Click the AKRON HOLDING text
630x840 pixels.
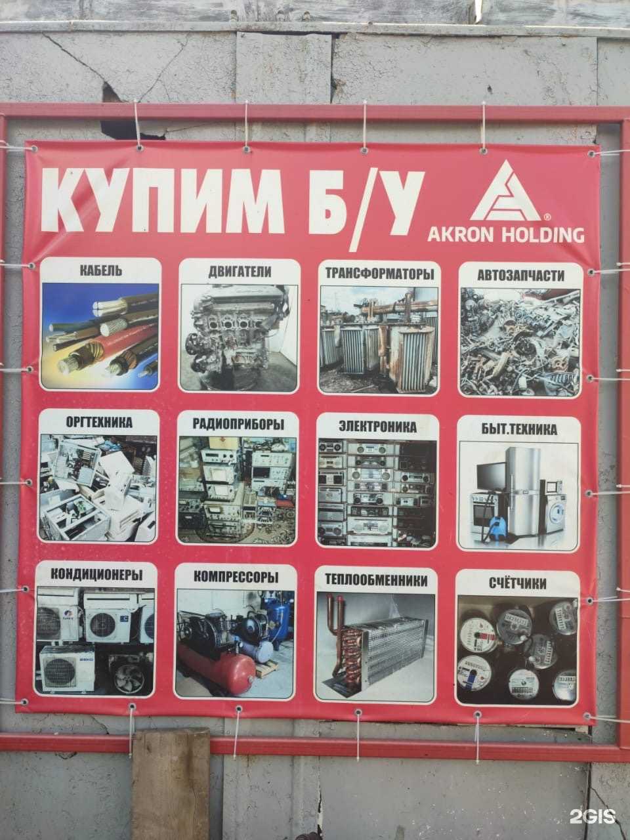tap(505, 234)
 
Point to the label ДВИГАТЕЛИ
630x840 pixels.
tap(240, 271)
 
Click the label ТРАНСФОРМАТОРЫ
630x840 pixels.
tap(378, 274)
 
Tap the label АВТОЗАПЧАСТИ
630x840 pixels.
tap(520, 276)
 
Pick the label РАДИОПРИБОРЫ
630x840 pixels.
tap(238, 424)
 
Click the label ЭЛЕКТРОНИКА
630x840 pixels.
tap(377, 427)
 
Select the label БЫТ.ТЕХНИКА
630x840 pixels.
tap(518, 430)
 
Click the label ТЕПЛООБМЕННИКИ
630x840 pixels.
tap(376, 580)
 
